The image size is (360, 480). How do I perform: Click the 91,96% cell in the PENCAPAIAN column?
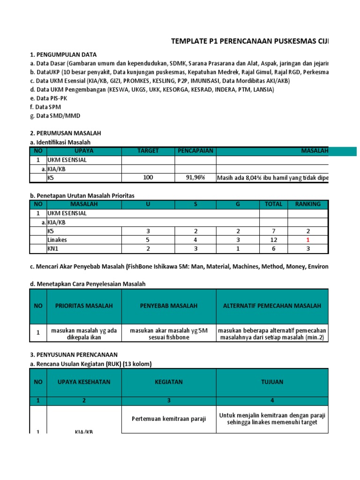click(195, 178)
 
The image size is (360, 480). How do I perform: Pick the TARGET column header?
click(148, 151)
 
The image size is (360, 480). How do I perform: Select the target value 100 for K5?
click(148, 178)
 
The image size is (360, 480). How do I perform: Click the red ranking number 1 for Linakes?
click(308, 240)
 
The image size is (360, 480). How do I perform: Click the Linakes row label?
click(57, 240)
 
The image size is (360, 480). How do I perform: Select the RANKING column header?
click(308, 204)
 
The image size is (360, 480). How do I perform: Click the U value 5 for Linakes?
click(148, 240)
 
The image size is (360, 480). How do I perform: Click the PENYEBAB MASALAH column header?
click(169, 306)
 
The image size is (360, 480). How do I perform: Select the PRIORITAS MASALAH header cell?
click(84, 306)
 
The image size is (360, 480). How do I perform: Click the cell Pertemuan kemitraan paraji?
click(169, 419)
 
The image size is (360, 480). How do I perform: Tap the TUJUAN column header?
click(272, 382)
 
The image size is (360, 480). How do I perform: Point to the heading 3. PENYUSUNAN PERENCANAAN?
click(74, 354)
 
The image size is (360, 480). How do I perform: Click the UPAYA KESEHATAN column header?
click(84, 382)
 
